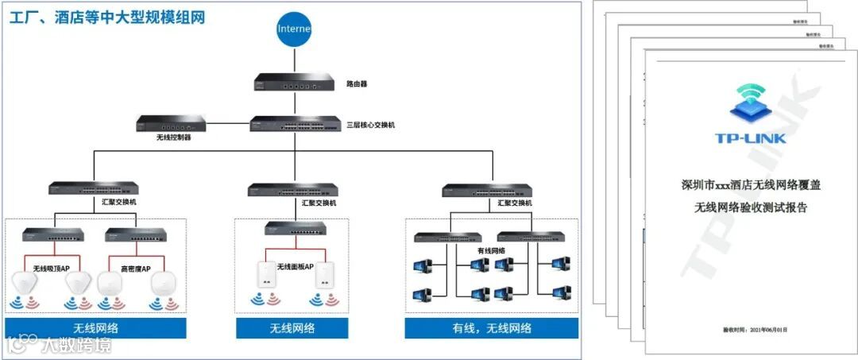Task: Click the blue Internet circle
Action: click(x=293, y=29)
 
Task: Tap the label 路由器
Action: click(x=357, y=83)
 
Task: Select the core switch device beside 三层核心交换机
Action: click(x=293, y=125)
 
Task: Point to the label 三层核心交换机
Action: click(x=371, y=125)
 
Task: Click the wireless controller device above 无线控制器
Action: click(x=171, y=123)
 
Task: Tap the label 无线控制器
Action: click(x=174, y=137)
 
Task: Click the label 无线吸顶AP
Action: click(x=52, y=269)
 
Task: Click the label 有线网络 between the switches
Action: click(x=491, y=250)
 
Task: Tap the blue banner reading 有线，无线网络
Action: click(x=492, y=328)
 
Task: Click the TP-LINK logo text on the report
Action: click(x=750, y=138)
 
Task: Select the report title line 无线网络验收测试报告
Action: click(x=751, y=208)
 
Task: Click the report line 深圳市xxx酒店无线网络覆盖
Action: click(x=751, y=185)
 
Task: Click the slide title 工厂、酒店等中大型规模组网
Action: click(x=106, y=17)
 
